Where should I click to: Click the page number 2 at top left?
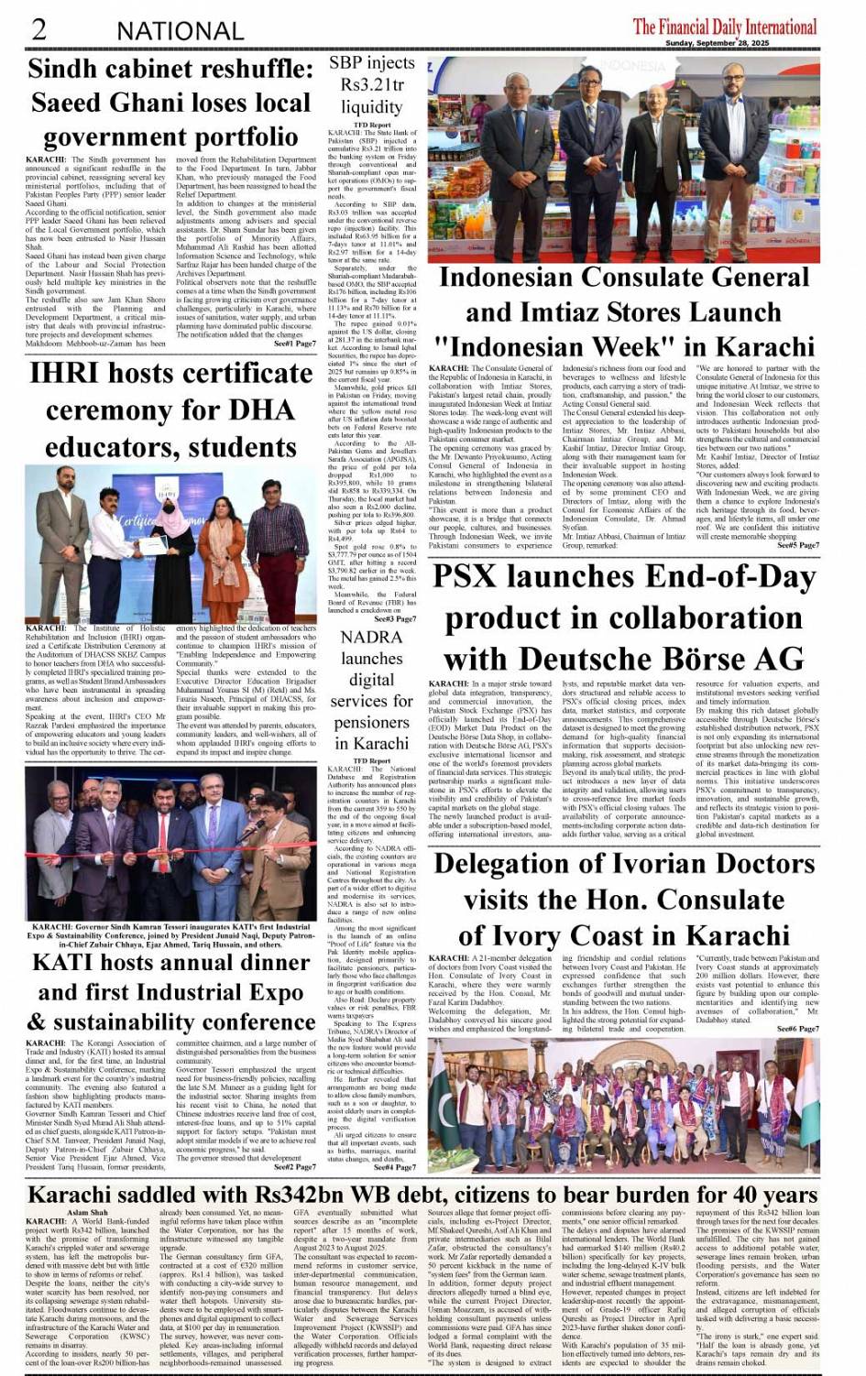[38, 28]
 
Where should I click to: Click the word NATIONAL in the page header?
[180, 31]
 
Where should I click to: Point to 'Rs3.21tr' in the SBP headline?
[372, 85]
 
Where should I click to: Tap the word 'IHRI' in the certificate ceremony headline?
[70, 374]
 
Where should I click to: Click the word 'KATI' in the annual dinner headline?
[68, 963]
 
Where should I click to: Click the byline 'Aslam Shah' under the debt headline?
[88, 1212]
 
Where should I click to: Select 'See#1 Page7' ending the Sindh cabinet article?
[295, 344]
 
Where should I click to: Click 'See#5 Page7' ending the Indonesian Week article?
[797, 545]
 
